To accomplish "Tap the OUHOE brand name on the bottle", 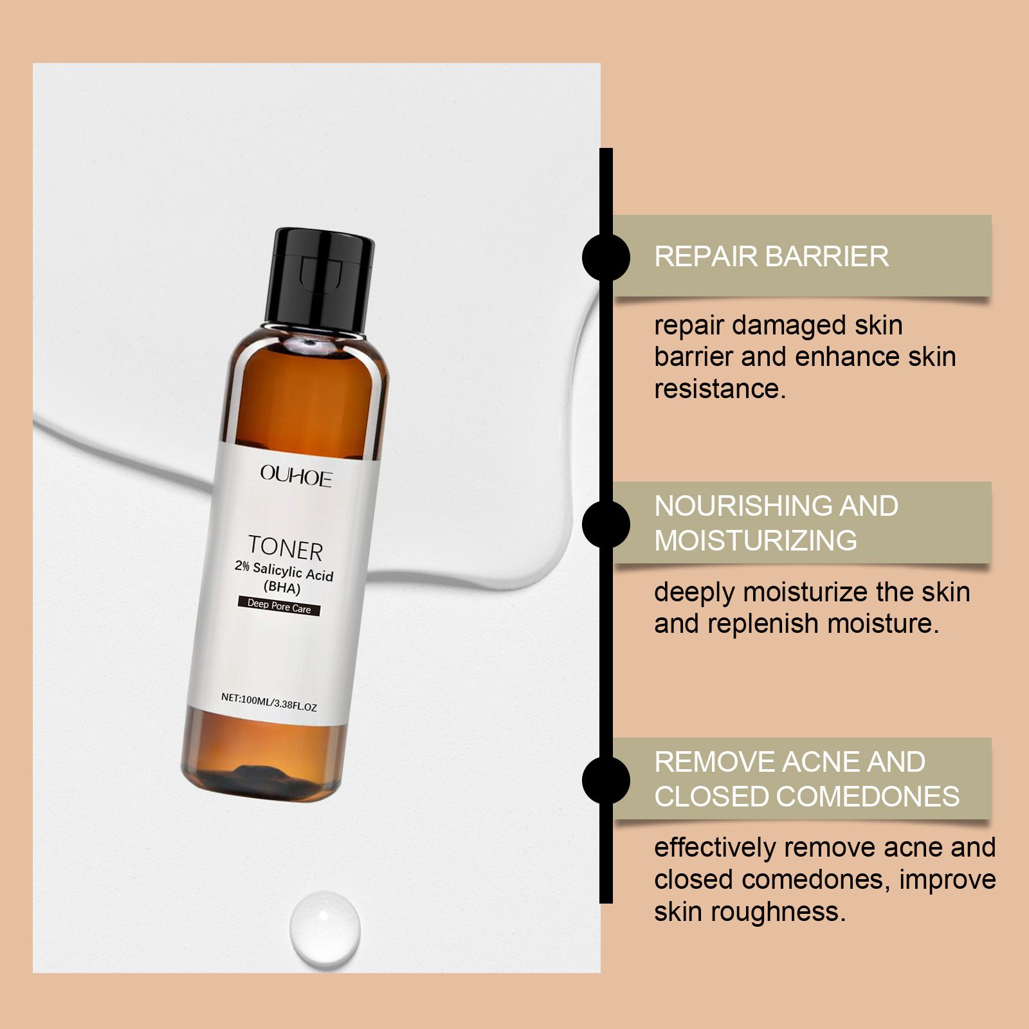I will pyautogui.click(x=296, y=477).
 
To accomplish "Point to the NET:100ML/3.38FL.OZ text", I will pyautogui.click(x=269, y=702).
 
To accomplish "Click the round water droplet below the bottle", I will pyautogui.click(x=325, y=927).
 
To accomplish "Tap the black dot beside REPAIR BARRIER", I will pyautogui.click(x=606, y=257).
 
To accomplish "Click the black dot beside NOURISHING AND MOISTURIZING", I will pyautogui.click(x=606, y=524).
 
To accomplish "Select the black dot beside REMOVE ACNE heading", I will pyautogui.click(x=606, y=779).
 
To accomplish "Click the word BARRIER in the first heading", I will pyautogui.click(x=827, y=257).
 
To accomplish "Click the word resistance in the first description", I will pyautogui.click(x=719, y=389).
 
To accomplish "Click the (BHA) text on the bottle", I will pyautogui.click(x=282, y=587).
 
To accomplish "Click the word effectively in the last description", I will pyautogui.click(x=715, y=848).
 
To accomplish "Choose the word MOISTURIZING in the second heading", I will pyautogui.click(x=756, y=541).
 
